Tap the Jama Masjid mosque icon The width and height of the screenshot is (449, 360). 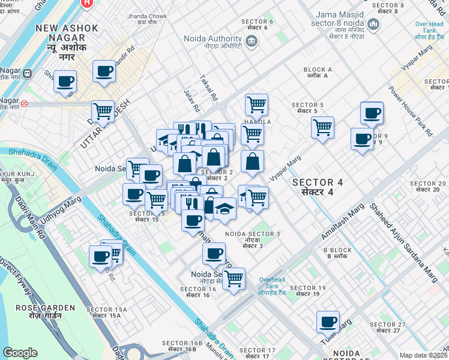(374, 25)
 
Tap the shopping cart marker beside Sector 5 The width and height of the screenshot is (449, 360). (323, 127)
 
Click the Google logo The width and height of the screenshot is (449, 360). (20, 353)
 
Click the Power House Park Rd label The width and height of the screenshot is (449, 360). (410, 111)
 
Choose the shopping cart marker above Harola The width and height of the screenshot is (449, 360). (257, 104)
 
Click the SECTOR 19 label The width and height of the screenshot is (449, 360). (308, 291)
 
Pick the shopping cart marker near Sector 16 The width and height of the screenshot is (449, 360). (234, 278)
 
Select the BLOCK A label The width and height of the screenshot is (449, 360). (318, 73)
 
